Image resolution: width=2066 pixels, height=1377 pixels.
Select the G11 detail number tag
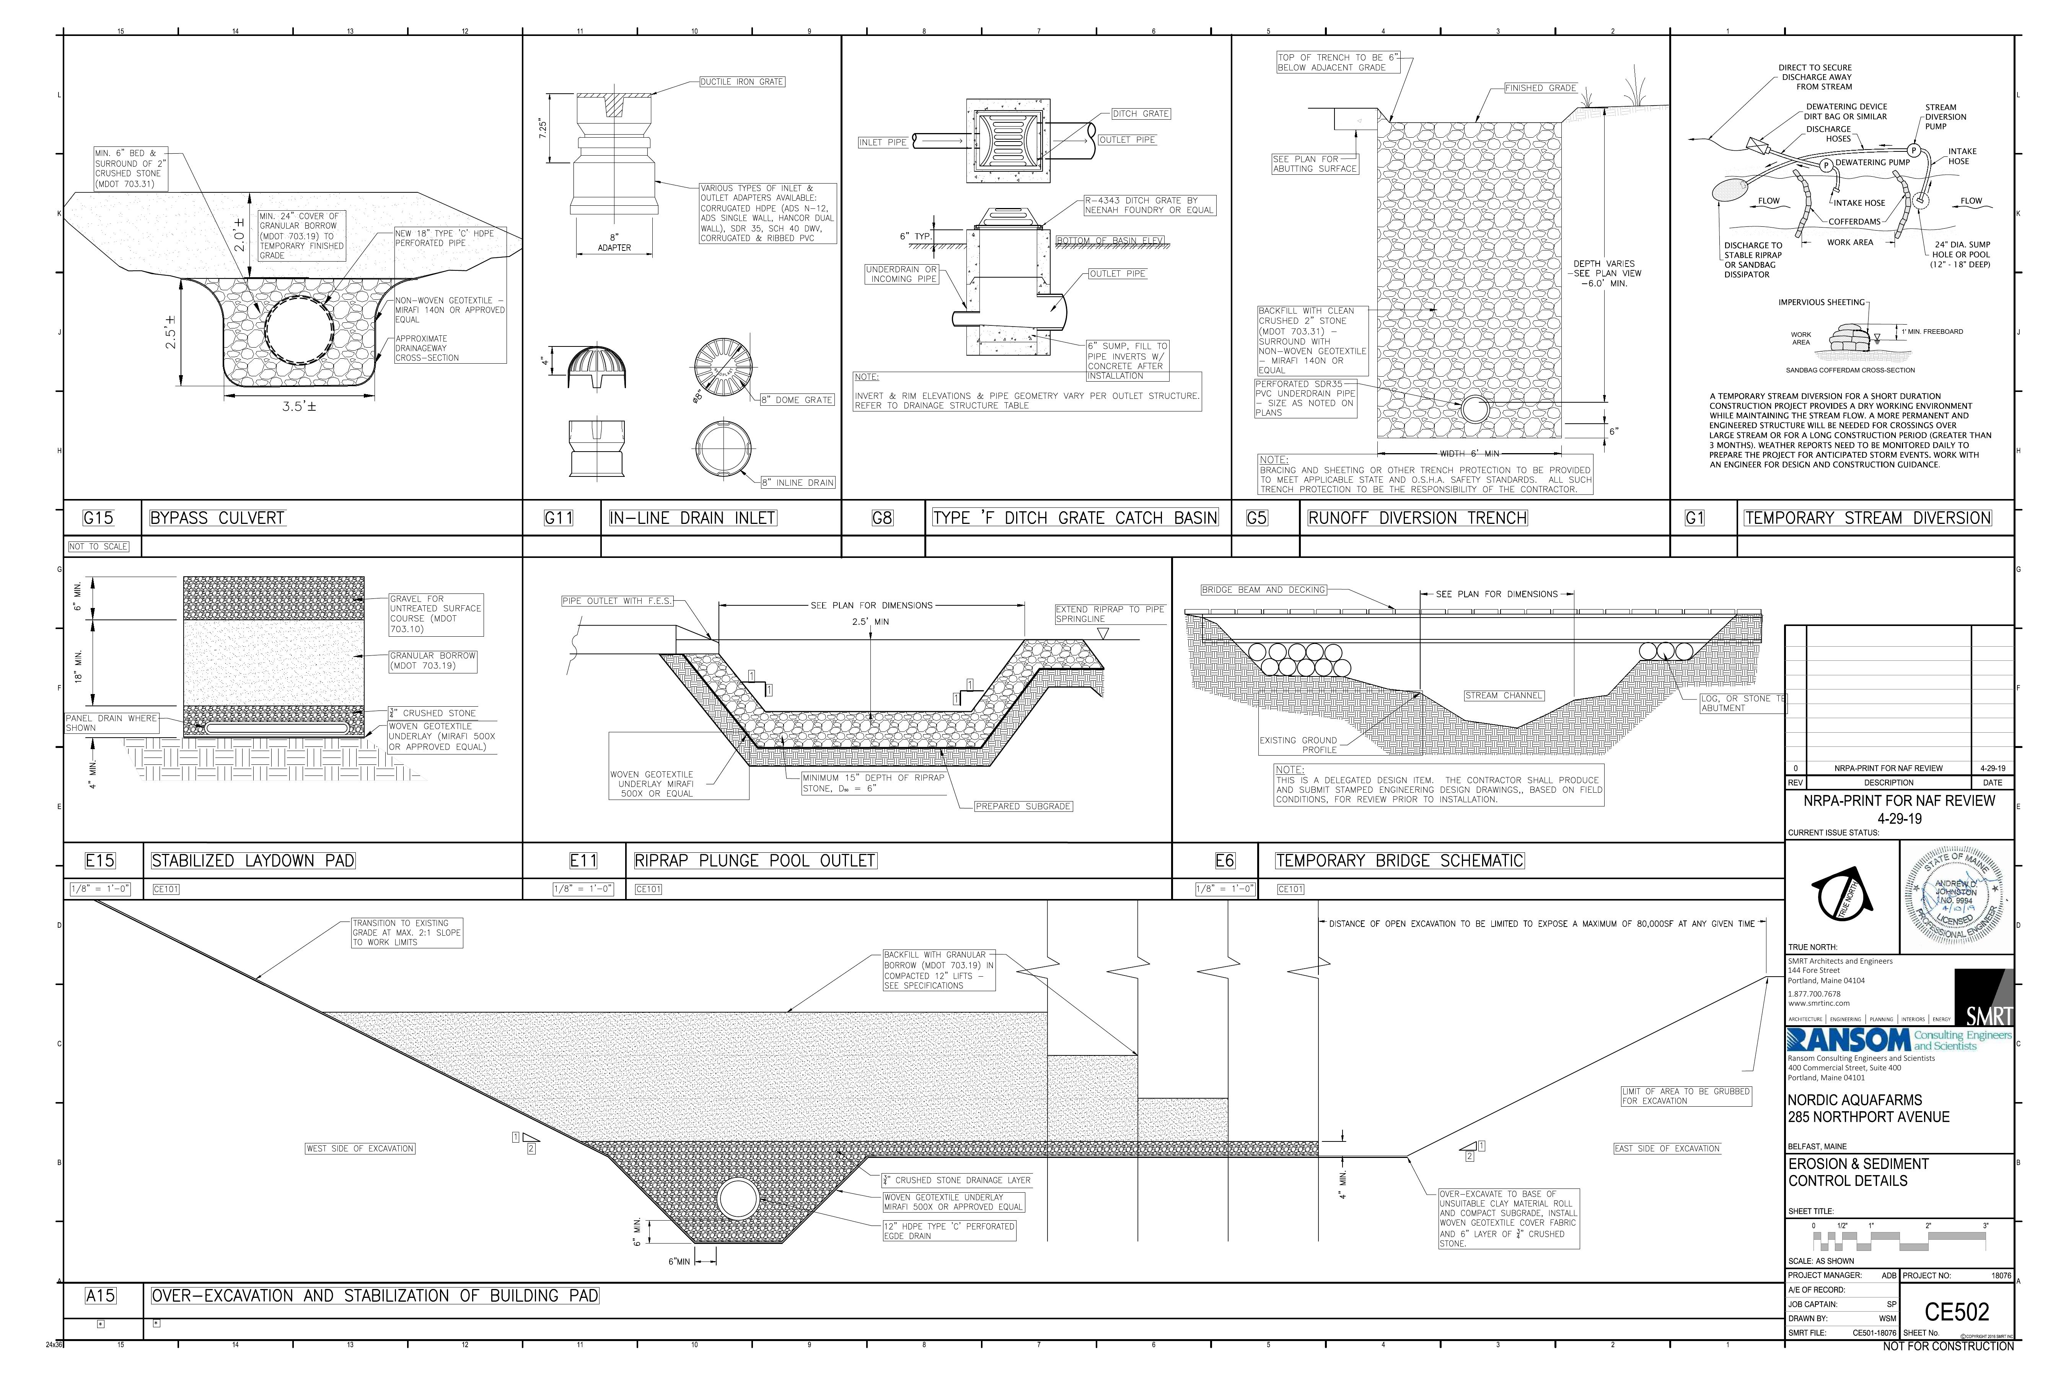559,518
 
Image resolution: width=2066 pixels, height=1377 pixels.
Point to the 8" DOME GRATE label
797,400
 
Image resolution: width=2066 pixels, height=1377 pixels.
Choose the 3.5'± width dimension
299,406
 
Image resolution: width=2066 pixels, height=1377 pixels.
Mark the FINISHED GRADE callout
1540,88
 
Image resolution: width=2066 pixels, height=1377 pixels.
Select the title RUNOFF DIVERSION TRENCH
1417,518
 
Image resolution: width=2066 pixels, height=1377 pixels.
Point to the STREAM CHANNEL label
1503,696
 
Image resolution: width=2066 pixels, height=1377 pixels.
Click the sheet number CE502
1956,1312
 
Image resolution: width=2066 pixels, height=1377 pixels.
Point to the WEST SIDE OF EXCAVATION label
359,1149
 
